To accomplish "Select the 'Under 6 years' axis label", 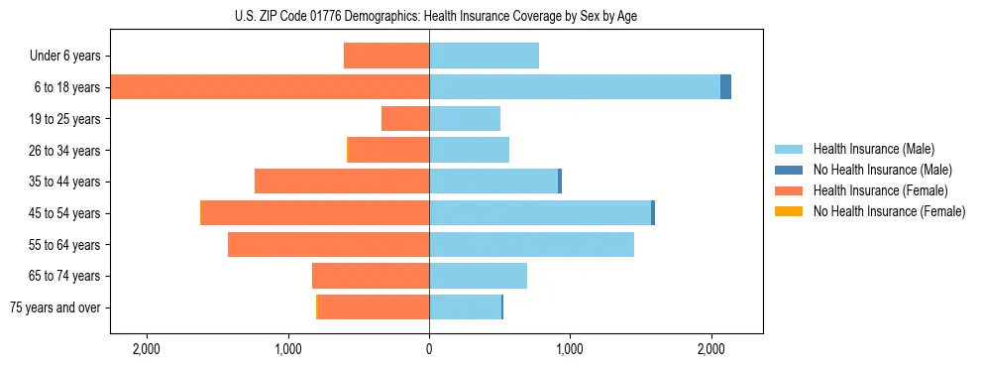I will coord(65,56).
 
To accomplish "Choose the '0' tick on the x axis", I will coord(429,349).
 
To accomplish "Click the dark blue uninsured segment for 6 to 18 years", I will coord(725,87).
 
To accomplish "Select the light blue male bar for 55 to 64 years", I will coord(531,245).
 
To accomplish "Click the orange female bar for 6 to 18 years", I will coord(270,87).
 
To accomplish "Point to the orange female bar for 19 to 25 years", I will coord(405,119).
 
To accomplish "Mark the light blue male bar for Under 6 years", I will coord(484,56).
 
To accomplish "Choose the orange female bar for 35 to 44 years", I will coord(342,182).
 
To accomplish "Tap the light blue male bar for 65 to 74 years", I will coord(478,276).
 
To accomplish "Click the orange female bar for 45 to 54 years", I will coord(315,213).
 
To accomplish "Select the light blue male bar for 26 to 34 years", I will coord(469,150).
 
